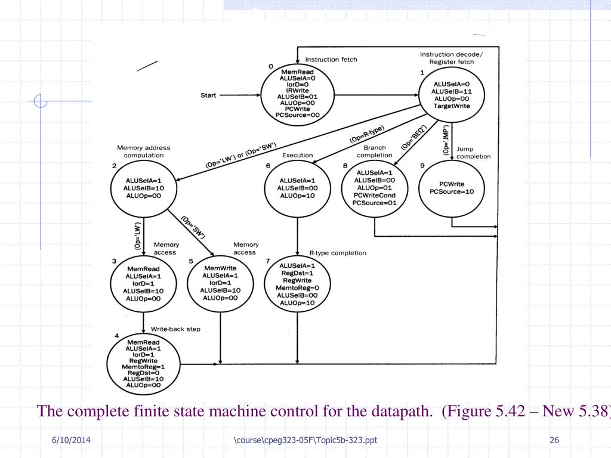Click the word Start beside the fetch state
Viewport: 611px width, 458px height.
tap(209, 95)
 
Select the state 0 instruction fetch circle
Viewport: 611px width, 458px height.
tap(297, 95)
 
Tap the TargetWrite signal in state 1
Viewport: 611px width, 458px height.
tap(452, 106)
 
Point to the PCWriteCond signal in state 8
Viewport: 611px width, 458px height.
tap(374, 195)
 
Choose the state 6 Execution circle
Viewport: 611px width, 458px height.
tap(297, 188)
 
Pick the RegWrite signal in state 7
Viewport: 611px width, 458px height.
tap(297, 280)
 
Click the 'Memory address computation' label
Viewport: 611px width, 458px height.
tap(144, 151)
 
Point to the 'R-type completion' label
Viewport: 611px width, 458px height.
tap(338, 253)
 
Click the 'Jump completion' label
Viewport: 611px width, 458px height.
tap(473, 153)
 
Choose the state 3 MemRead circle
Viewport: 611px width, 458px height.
tap(144, 284)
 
